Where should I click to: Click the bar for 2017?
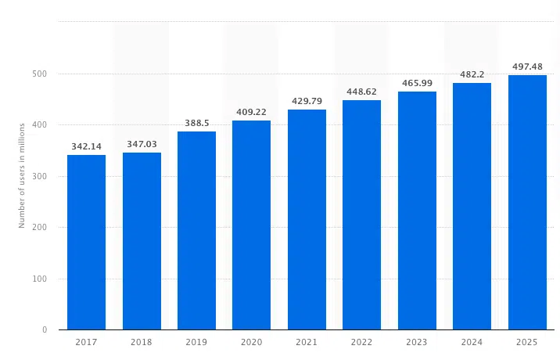(86, 243)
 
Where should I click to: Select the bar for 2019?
(196, 231)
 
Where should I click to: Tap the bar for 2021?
(307, 220)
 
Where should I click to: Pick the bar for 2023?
(417, 211)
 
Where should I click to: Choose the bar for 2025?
(527, 203)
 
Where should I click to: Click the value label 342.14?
(86, 146)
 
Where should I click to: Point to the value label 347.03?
(142, 144)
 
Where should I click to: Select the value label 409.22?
(252, 112)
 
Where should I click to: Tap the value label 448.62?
(362, 92)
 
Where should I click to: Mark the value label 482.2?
(472, 74)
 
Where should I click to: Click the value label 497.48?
(527, 67)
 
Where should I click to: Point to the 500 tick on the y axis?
(40, 74)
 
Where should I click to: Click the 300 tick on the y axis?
(40, 177)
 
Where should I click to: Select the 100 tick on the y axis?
(40, 279)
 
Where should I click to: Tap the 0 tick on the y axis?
(45, 330)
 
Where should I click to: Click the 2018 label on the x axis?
(142, 343)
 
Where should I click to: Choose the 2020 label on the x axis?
(252, 343)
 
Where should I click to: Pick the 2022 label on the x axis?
(362, 343)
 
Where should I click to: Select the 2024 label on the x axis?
(472, 343)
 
